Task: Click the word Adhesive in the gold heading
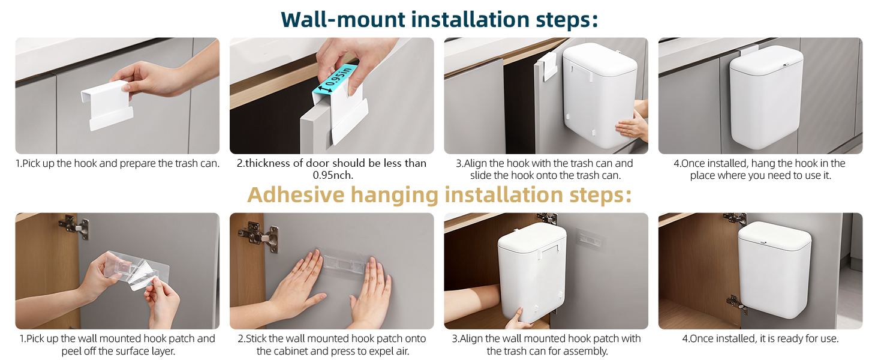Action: [296, 194]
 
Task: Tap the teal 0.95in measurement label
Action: [334, 80]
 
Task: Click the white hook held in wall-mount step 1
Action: [107, 105]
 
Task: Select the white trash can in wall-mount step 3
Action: [600, 95]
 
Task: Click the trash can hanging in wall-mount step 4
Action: [766, 97]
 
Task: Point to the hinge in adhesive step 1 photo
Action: [74, 226]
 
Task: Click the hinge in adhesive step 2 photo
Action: [259, 236]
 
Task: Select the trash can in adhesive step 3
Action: [532, 272]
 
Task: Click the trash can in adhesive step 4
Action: [774, 270]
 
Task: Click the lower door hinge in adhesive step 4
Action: [736, 305]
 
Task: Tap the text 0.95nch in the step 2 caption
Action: [333, 175]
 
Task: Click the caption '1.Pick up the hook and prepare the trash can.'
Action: [118, 163]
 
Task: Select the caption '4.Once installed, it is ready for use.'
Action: [760, 338]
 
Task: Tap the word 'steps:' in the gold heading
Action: [600, 194]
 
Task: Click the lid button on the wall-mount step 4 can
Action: [786, 65]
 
